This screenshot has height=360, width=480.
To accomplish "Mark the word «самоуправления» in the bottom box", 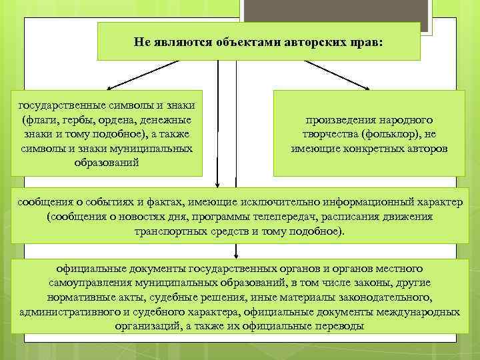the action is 86,283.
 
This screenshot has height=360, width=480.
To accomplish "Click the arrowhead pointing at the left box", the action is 110,87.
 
